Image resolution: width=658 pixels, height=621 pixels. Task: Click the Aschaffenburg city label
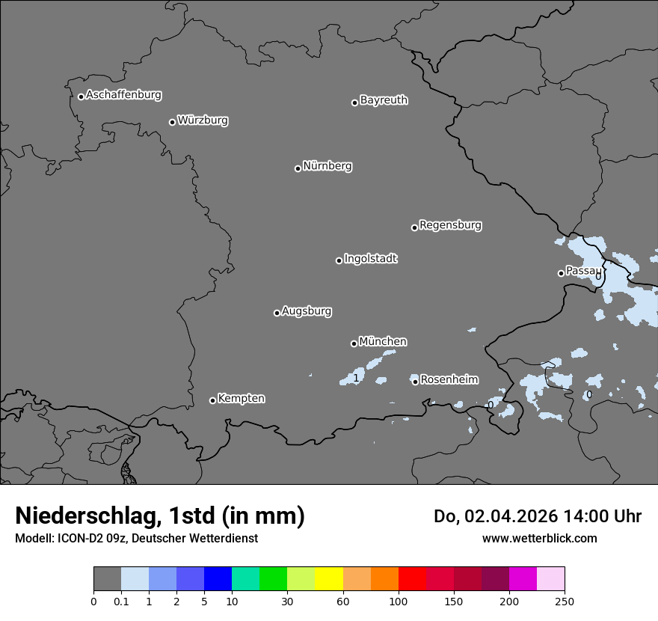tap(123, 95)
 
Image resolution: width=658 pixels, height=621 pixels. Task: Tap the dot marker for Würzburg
tap(172, 122)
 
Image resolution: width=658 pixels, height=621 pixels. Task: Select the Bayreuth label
tap(384, 100)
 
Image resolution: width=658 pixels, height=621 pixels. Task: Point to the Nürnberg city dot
tap(298, 168)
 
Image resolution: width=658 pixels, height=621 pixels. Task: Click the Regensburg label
tap(450, 225)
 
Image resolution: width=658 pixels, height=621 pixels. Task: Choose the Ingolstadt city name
tap(370, 259)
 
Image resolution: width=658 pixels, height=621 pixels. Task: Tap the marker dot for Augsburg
tap(277, 313)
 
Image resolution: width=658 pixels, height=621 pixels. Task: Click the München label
tap(383, 342)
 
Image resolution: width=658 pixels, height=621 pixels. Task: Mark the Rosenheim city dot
tap(415, 382)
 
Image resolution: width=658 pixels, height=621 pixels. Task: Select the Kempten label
tap(241, 398)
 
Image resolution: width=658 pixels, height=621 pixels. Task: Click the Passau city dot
tap(561, 273)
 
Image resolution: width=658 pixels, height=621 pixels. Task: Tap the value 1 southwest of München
tap(356, 379)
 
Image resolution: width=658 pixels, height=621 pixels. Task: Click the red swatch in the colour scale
tap(412, 579)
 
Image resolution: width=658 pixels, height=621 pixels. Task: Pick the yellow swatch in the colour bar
tap(329, 579)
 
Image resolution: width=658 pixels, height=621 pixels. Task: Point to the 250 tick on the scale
tap(565, 601)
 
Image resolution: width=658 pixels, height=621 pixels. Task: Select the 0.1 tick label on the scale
tap(120, 601)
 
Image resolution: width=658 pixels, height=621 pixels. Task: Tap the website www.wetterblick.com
tap(539, 538)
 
